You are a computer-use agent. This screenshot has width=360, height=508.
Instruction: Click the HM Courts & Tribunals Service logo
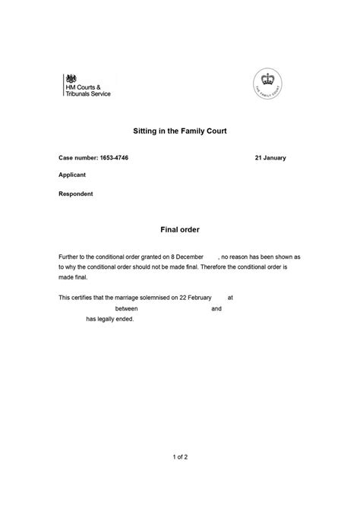pyautogui.click(x=87, y=86)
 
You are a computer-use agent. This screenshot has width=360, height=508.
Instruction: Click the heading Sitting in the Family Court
pyautogui.click(x=179, y=132)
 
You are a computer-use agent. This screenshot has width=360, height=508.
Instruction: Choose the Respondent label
pyautogui.click(x=76, y=193)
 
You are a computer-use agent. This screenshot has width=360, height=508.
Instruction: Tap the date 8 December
pyautogui.click(x=188, y=258)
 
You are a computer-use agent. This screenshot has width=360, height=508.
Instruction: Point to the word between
pyautogui.click(x=128, y=309)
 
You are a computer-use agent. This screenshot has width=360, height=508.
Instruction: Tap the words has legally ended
pyautogui.click(x=109, y=319)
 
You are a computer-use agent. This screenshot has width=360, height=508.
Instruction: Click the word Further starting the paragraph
pyautogui.click(x=70, y=258)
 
